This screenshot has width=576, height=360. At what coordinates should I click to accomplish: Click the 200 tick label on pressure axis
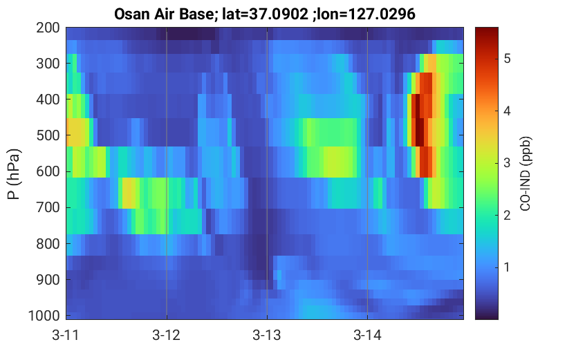pyautogui.click(x=48, y=28)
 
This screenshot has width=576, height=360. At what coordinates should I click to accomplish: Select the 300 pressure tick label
pyautogui.click(x=48, y=64)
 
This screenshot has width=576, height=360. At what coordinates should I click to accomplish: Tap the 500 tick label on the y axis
pyautogui.click(x=48, y=135)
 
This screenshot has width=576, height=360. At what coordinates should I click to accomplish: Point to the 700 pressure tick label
pyautogui.click(x=48, y=207)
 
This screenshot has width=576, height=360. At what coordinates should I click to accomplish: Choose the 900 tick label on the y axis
pyautogui.click(x=48, y=280)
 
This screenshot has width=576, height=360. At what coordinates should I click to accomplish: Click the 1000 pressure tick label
pyautogui.click(x=44, y=316)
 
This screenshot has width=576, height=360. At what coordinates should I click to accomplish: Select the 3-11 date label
pyautogui.click(x=66, y=335)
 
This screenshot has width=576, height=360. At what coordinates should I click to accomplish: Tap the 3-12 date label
pyautogui.click(x=167, y=335)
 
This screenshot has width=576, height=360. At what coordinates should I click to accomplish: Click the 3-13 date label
pyautogui.click(x=267, y=335)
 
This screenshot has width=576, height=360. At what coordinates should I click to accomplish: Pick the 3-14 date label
pyautogui.click(x=367, y=335)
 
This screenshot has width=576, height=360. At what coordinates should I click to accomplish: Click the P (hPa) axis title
pyautogui.click(x=14, y=174)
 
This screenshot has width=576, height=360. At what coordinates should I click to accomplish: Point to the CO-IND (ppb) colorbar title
pyautogui.click(x=526, y=174)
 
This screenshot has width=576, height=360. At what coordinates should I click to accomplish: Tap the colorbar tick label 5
pyautogui.click(x=508, y=58)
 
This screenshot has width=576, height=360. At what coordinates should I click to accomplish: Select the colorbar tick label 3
pyautogui.click(x=508, y=162)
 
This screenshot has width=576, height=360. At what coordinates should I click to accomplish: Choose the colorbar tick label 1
pyautogui.click(x=508, y=267)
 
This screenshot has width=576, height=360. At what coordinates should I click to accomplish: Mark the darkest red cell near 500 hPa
pyautogui.click(x=420, y=133)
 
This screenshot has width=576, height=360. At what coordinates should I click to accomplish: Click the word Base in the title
pyautogui.click(x=198, y=15)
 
